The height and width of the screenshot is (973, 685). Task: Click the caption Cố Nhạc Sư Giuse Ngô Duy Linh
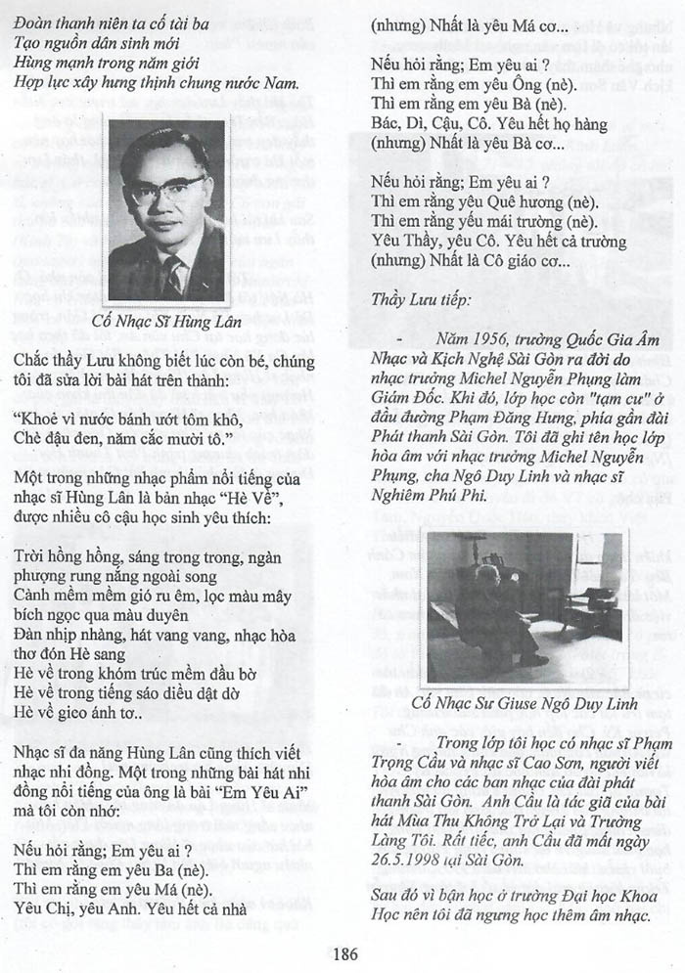525,703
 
